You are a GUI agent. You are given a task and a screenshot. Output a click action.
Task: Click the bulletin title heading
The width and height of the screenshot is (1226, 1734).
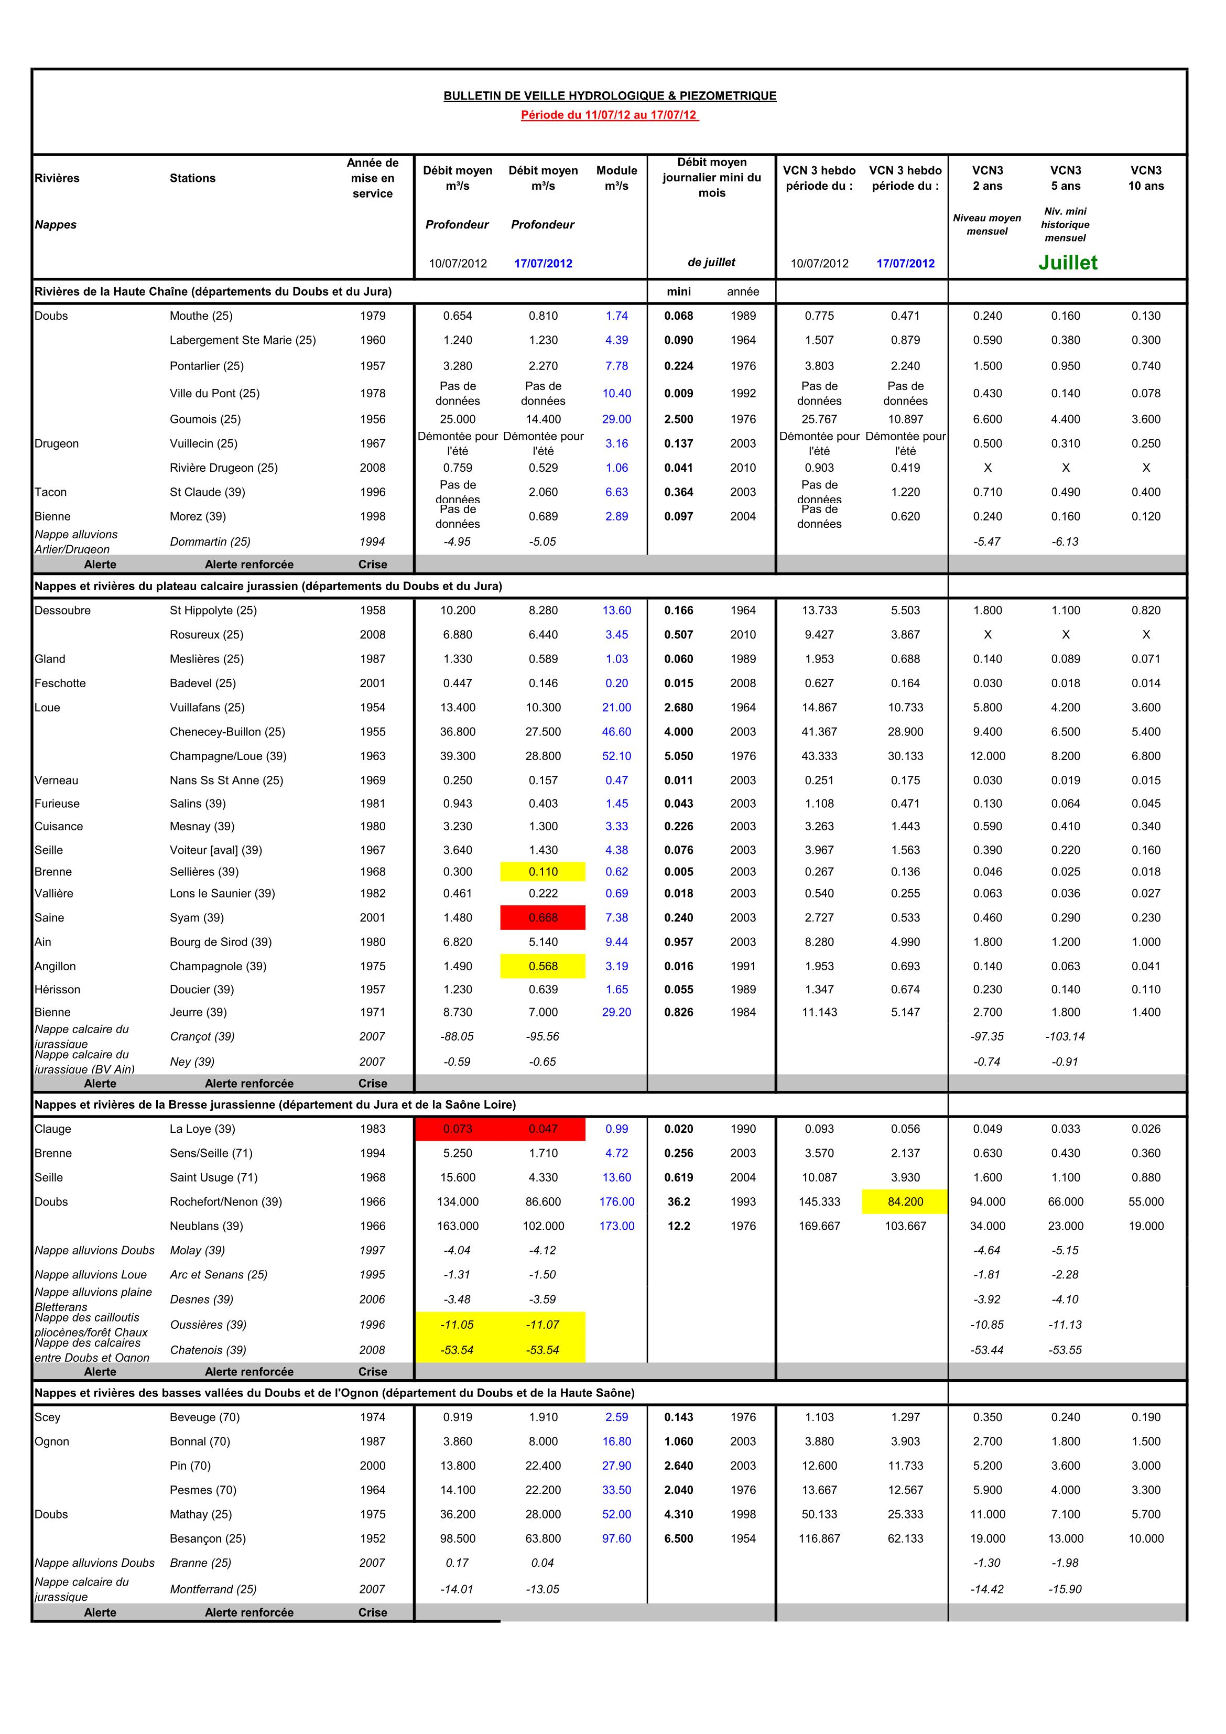pyautogui.click(x=610, y=96)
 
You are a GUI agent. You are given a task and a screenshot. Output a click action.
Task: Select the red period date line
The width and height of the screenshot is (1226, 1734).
pyautogui.click(x=610, y=115)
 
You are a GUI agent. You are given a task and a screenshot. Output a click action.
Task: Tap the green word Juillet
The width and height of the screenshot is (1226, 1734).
pyautogui.click(x=1067, y=263)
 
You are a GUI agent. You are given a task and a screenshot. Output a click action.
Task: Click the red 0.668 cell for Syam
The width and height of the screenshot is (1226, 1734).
pyautogui.click(x=543, y=918)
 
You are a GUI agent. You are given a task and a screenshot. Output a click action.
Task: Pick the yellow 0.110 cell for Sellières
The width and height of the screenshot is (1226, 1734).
pyautogui.click(x=543, y=872)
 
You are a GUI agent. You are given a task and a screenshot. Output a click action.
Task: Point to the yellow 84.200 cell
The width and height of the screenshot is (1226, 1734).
pyautogui.click(x=905, y=1201)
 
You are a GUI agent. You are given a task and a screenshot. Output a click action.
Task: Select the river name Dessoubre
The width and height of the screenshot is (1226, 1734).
pyautogui.click(x=62, y=610)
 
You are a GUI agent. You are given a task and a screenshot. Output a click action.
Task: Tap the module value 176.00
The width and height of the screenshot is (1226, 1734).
pyautogui.click(x=616, y=1201)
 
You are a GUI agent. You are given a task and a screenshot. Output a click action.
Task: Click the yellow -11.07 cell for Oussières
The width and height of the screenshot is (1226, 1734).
pyautogui.click(x=543, y=1325)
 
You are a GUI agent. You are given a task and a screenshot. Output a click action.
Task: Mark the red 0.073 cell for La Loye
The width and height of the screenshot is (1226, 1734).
pyautogui.click(x=457, y=1129)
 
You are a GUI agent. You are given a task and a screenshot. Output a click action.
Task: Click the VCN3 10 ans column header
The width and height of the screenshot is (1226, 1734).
pyautogui.click(x=1146, y=178)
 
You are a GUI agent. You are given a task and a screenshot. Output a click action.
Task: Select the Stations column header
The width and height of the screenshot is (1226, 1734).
pyautogui.click(x=192, y=178)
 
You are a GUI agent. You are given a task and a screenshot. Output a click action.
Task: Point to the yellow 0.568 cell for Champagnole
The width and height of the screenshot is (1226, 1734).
pyautogui.click(x=543, y=966)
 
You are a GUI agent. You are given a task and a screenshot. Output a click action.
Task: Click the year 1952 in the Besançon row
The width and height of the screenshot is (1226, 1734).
pyautogui.click(x=372, y=1538)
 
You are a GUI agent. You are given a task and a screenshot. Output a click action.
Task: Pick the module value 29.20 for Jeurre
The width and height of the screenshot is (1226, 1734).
pyautogui.click(x=616, y=1012)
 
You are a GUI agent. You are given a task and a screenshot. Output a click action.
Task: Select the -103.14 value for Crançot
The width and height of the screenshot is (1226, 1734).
pyautogui.click(x=1065, y=1036)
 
